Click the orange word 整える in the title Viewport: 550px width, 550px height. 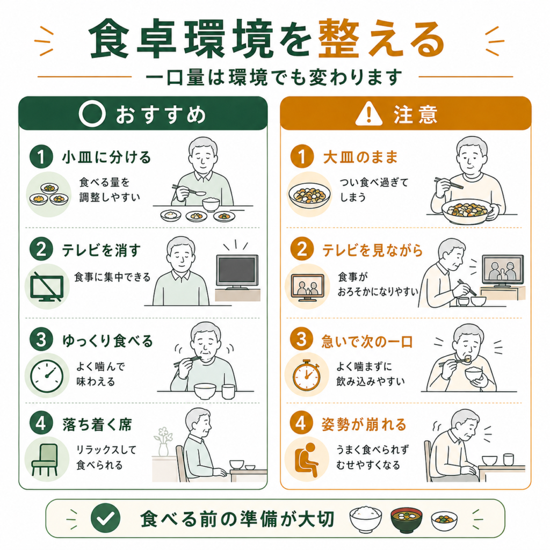[x=381, y=39]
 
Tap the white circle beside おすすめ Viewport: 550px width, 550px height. [x=92, y=113]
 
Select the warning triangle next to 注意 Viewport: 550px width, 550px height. [x=368, y=114]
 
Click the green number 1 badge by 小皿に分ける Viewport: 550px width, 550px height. [x=41, y=156]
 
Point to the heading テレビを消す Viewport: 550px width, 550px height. [x=102, y=250]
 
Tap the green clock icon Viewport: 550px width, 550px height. [x=47, y=375]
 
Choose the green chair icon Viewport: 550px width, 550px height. [x=44, y=460]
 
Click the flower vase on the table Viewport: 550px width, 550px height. [x=163, y=442]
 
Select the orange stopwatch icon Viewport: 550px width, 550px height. [x=307, y=375]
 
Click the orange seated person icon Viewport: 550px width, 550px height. [x=306, y=460]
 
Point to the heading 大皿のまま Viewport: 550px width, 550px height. [x=360, y=157]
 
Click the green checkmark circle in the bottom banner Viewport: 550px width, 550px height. [x=105, y=518]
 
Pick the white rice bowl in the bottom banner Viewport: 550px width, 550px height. [x=365, y=518]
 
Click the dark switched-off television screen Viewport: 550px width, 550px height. [x=237, y=271]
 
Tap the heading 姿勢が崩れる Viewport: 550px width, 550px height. [x=364, y=424]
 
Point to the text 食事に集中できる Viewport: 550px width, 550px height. [x=112, y=277]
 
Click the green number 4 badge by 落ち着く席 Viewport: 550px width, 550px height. [x=41, y=423]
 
